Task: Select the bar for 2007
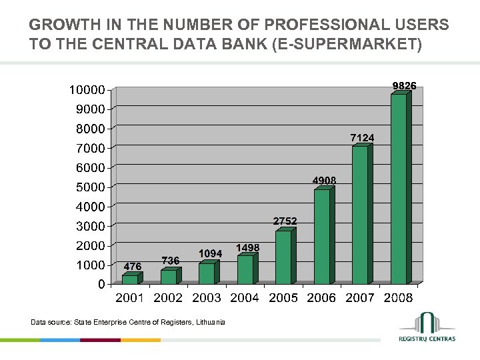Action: [360, 215]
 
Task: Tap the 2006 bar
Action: [322, 237]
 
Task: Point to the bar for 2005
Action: [283, 257]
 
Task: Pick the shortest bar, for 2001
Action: [130, 279]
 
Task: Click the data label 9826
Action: [404, 85]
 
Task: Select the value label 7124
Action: [362, 137]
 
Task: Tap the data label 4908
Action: [325, 181]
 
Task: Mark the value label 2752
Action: [285, 221]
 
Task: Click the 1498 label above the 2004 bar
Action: [248, 247]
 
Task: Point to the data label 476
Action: [132, 267]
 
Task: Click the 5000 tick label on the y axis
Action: [90, 187]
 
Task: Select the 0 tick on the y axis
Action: [100, 284]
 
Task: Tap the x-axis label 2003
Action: [207, 298]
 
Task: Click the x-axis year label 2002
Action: [168, 298]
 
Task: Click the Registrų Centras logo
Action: [427, 327]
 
